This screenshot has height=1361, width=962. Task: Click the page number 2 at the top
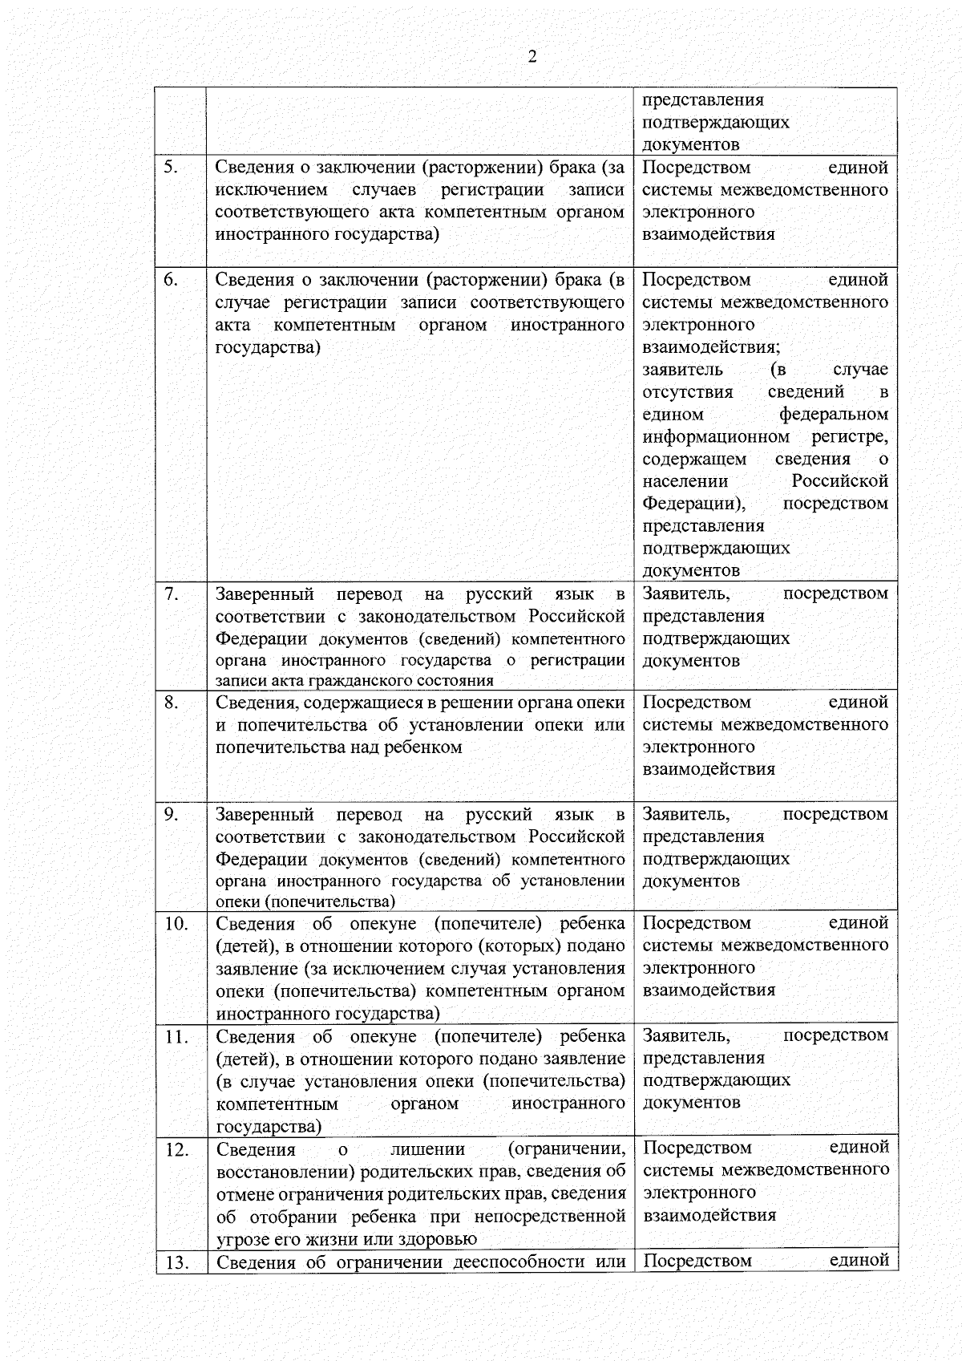click(x=532, y=56)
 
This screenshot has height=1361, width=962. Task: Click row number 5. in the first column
click(x=171, y=168)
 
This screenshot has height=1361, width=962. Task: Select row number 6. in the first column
click(x=171, y=280)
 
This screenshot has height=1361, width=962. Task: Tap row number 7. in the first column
click(x=171, y=593)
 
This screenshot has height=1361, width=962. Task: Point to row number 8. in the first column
click(x=171, y=703)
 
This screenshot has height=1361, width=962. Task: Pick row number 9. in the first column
click(x=171, y=814)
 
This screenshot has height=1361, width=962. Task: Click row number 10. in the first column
click(x=176, y=924)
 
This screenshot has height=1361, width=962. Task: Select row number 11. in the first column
click(x=176, y=1036)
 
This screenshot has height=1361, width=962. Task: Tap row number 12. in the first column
click(x=176, y=1149)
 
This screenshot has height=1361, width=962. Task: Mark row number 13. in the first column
click(x=176, y=1262)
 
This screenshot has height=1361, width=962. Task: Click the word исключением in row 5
click(x=271, y=190)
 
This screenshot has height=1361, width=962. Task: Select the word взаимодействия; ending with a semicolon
click(x=711, y=347)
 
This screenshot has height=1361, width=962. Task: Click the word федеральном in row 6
click(x=833, y=415)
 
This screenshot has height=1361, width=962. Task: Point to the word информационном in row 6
click(x=716, y=437)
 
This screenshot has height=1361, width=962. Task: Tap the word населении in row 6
click(x=685, y=481)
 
